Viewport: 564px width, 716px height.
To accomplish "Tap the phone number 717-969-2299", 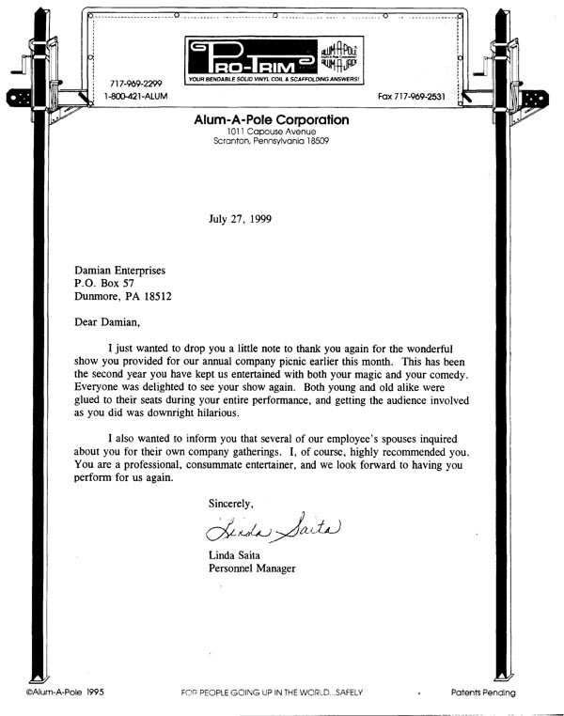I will click(x=134, y=83).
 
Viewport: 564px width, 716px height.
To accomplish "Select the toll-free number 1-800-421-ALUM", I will click(x=137, y=96).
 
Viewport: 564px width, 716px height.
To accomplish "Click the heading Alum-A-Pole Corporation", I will click(x=271, y=120).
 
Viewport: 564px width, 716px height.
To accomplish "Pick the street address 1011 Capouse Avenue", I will click(x=271, y=132).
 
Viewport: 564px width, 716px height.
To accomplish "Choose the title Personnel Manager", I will click(x=252, y=568).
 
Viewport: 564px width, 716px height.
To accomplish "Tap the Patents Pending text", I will click(x=482, y=693).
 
